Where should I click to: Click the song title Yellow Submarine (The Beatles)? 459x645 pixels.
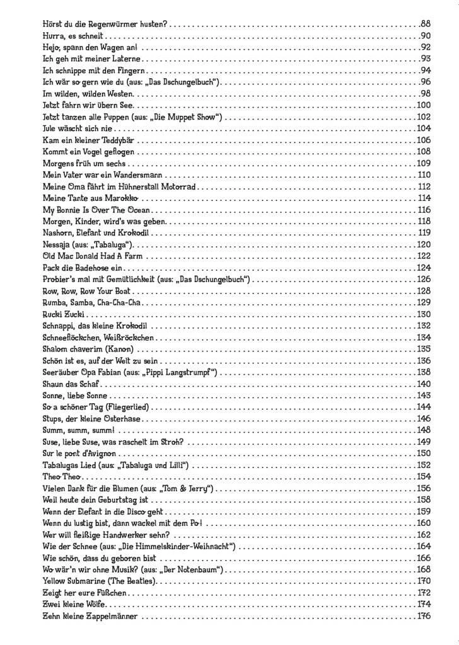pos(98,581)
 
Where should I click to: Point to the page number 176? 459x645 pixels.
pos(423,616)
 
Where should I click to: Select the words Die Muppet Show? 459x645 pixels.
pos(190,117)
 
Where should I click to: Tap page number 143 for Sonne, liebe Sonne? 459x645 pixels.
pos(423,396)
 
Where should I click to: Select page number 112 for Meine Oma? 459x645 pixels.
pos(423,186)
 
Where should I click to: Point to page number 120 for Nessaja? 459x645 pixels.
pos(423,244)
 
